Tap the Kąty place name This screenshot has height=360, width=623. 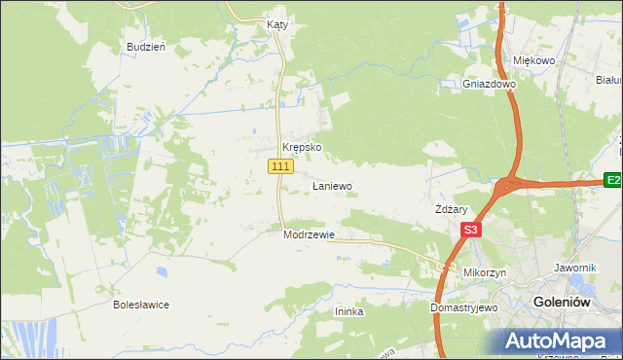tap(276, 25)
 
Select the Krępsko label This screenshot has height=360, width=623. tap(301, 148)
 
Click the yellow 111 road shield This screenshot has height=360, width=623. tap(280, 167)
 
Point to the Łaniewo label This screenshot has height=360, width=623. tap(331, 185)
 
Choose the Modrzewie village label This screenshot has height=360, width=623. tap(309, 235)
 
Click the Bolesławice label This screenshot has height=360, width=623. tap(141, 305)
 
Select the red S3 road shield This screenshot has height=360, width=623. tap(471, 231)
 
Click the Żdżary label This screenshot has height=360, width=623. tap(452, 209)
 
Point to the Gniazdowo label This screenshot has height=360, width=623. tap(489, 84)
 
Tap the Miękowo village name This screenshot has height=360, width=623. tap(532, 60)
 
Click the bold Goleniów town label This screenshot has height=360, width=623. tap(563, 303)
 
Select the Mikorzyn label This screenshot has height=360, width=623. tap(485, 273)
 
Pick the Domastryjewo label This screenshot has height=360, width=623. tap(464, 307)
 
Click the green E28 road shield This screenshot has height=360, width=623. tap(613, 180)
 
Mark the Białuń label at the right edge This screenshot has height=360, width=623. tap(608, 80)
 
